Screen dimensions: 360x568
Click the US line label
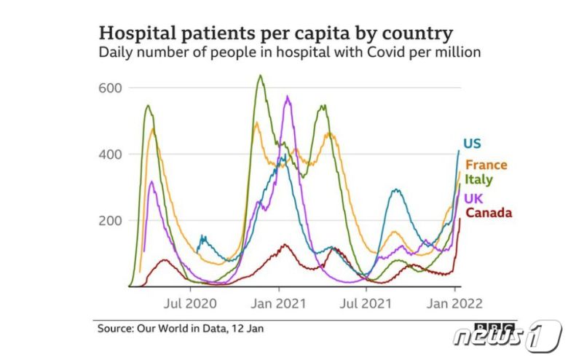[473, 144]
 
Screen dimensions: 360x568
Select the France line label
[486, 165]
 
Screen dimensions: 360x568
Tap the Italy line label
[479, 180]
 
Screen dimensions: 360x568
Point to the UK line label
[475, 198]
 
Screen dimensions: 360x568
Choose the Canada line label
[489, 213]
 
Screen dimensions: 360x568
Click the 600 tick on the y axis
[109, 88]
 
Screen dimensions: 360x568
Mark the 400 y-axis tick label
[109, 154]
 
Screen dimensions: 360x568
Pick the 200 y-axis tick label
[109, 221]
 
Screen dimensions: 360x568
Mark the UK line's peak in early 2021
[288, 96]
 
